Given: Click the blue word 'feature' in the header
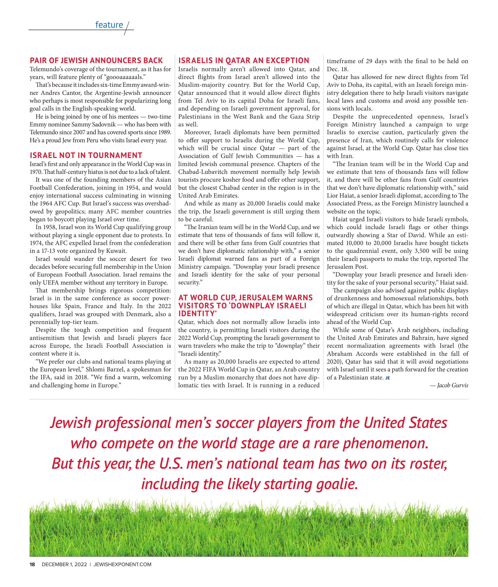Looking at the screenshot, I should pyautogui.click(x=109, y=25).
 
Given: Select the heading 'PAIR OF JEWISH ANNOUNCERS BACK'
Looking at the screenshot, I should pyautogui.click(x=96, y=60).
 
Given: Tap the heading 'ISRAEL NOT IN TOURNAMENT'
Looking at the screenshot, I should pyautogui.click(x=86, y=155).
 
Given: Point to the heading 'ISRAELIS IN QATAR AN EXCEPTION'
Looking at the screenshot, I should pyautogui.click(x=244, y=60).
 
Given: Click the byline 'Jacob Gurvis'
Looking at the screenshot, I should pyautogui.click(x=452, y=385).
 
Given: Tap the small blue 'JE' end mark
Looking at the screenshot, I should pyautogui.click(x=387, y=378).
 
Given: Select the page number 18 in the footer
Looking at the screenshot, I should pyautogui.click(x=32, y=564).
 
